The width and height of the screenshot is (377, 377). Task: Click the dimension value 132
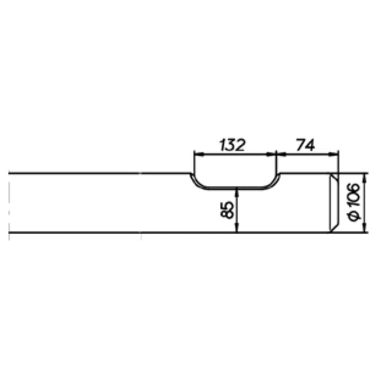[x=232, y=145]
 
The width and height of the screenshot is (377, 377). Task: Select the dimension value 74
[x=305, y=145]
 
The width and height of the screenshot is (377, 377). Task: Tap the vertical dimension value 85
[x=227, y=210]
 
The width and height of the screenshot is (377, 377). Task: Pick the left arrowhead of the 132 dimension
[x=198, y=155]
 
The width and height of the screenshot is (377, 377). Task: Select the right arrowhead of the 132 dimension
[x=271, y=155]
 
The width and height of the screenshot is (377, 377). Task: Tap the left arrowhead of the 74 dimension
[x=281, y=155]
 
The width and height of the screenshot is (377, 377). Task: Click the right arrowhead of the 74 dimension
[x=334, y=155]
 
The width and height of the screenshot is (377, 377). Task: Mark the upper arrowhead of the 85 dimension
[x=237, y=193]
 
